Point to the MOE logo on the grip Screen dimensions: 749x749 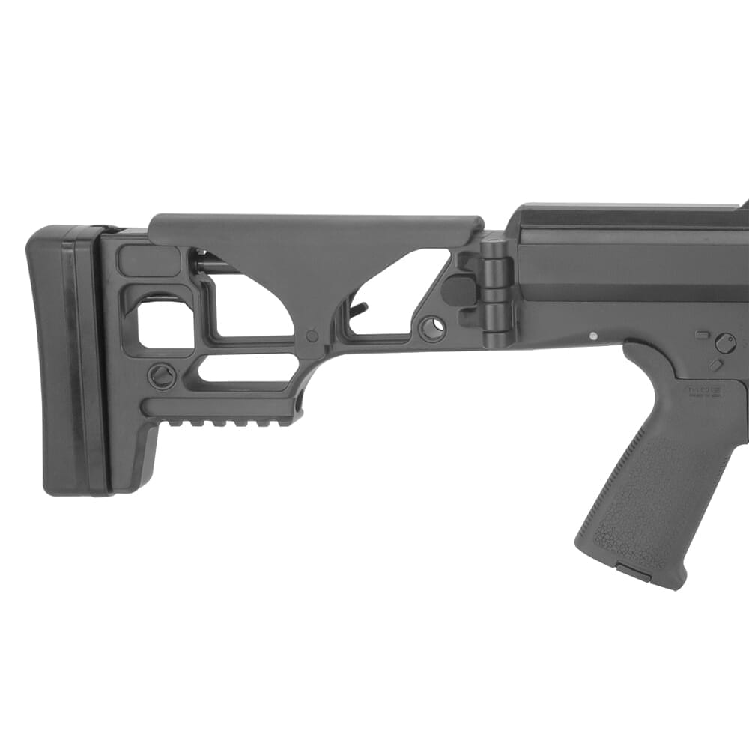701,390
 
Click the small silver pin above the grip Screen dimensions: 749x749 594,336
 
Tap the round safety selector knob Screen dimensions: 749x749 724,342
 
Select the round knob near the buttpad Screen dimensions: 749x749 162,375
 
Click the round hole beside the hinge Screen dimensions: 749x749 432,328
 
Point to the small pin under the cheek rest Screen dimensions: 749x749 312,335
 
